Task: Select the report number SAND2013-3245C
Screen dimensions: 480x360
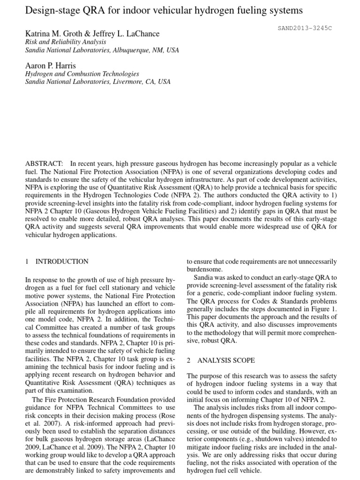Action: click(x=304, y=28)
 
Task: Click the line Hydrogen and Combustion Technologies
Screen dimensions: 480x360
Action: click(x=82, y=74)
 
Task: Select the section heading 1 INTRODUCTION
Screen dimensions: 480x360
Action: click(x=57, y=261)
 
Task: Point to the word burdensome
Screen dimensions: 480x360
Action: click(x=206, y=270)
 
